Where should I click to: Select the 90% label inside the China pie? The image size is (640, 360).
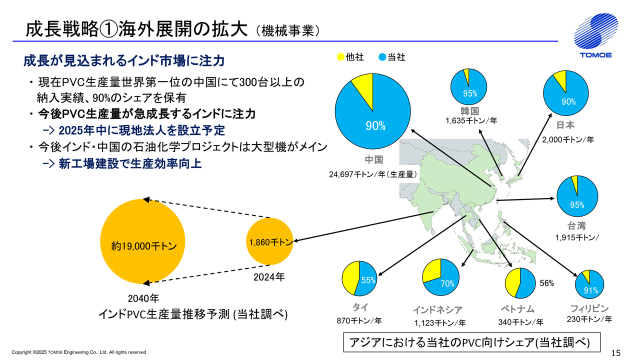tap(375, 126)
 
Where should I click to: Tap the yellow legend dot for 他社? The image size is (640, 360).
tap(340, 57)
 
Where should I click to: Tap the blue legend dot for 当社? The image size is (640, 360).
tap(382, 57)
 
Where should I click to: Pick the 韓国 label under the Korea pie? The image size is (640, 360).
tap(470, 111)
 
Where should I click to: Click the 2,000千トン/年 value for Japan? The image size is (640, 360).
tap(567, 140)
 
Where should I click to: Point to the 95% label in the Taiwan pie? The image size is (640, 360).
tap(577, 204)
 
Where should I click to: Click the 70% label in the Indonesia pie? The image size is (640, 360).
tap(447, 283)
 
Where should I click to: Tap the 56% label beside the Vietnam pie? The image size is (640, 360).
tap(547, 283)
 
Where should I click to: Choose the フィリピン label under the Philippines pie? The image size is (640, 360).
tap(589, 308)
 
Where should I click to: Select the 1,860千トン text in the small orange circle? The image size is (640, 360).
tap(270, 242)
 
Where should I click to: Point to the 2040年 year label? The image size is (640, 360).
tap(143, 299)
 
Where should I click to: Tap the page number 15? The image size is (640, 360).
tap(615, 353)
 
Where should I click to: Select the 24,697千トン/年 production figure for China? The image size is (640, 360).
tap(373, 174)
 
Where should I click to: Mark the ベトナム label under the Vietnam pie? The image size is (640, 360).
tap(517, 308)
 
